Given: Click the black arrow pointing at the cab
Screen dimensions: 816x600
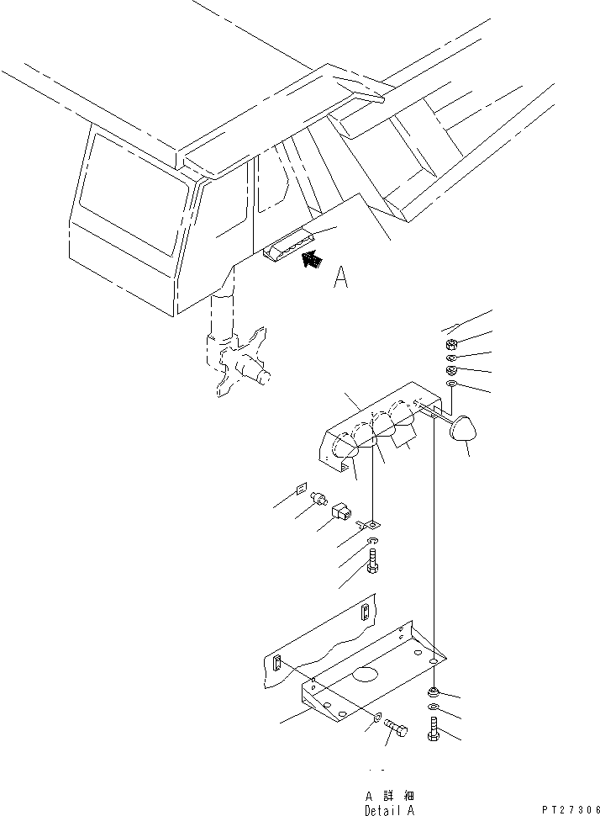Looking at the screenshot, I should point(312,260).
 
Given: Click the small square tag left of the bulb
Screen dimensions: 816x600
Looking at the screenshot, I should point(301,488).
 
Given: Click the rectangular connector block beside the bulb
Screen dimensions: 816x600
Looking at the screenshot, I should point(343,511).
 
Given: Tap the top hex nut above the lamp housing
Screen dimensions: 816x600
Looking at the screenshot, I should point(449,343).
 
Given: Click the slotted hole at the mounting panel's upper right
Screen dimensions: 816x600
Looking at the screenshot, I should point(366,612).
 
